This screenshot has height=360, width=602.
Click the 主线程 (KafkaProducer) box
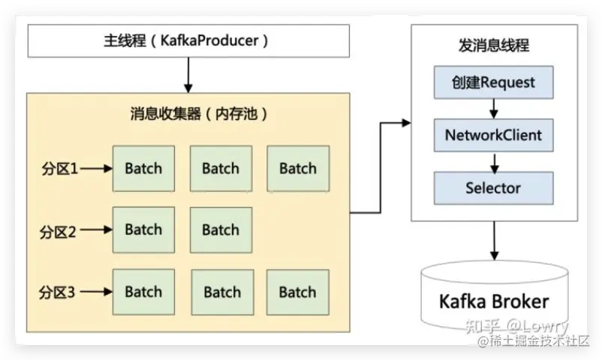[188, 41]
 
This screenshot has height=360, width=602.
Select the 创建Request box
[494, 82]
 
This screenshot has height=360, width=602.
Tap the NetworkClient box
[494, 135]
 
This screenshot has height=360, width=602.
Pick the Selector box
[494, 188]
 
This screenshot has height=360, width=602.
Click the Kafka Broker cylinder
[495, 295]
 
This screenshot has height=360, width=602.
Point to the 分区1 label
[60, 169]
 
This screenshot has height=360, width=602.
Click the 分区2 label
[58, 232]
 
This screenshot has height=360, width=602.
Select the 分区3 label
[57, 292]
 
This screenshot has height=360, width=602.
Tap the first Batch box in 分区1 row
[143, 169]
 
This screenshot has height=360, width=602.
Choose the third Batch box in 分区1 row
[298, 169]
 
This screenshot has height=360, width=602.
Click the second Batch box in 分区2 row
[221, 230]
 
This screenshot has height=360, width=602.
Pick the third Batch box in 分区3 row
[298, 292]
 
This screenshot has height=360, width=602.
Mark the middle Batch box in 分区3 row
[223, 292]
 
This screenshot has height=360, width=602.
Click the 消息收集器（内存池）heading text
[199, 113]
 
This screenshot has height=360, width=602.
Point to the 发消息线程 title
[494, 45]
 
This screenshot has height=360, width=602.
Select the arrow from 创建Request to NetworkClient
[494, 109]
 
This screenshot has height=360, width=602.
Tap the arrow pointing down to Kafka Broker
[495, 241]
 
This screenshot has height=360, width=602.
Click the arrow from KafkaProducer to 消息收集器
[188, 75]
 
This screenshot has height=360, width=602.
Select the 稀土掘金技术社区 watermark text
[534, 340]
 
